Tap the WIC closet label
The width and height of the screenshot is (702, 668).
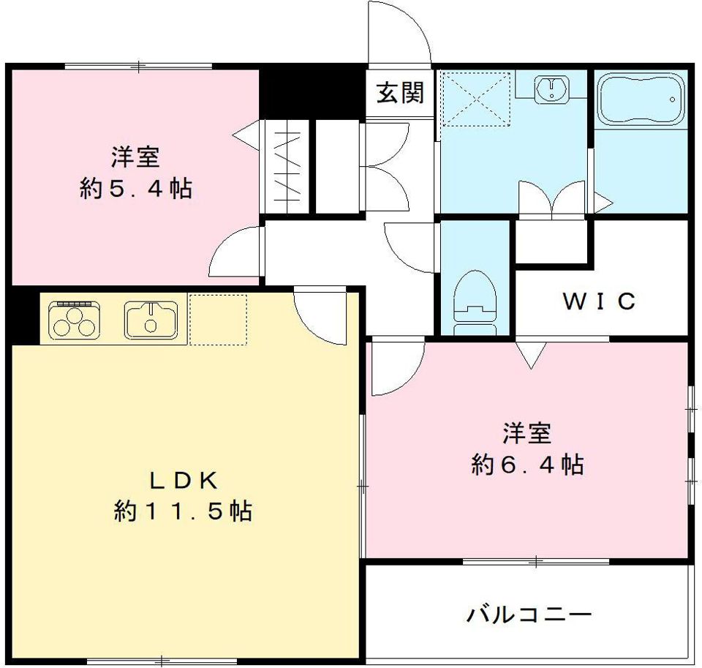(599, 301)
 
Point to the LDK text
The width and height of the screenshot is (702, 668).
(183, 480)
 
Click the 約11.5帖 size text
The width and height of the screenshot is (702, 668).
(183, 511)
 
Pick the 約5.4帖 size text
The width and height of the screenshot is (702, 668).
(136, 189)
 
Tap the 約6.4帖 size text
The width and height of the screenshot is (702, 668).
(527, 464)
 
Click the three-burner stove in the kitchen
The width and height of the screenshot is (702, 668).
(75, 320)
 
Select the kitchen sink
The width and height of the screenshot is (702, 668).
(151, 319)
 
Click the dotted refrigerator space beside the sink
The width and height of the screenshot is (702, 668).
(218, 319)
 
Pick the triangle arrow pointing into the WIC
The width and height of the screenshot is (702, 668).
(532, 356)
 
